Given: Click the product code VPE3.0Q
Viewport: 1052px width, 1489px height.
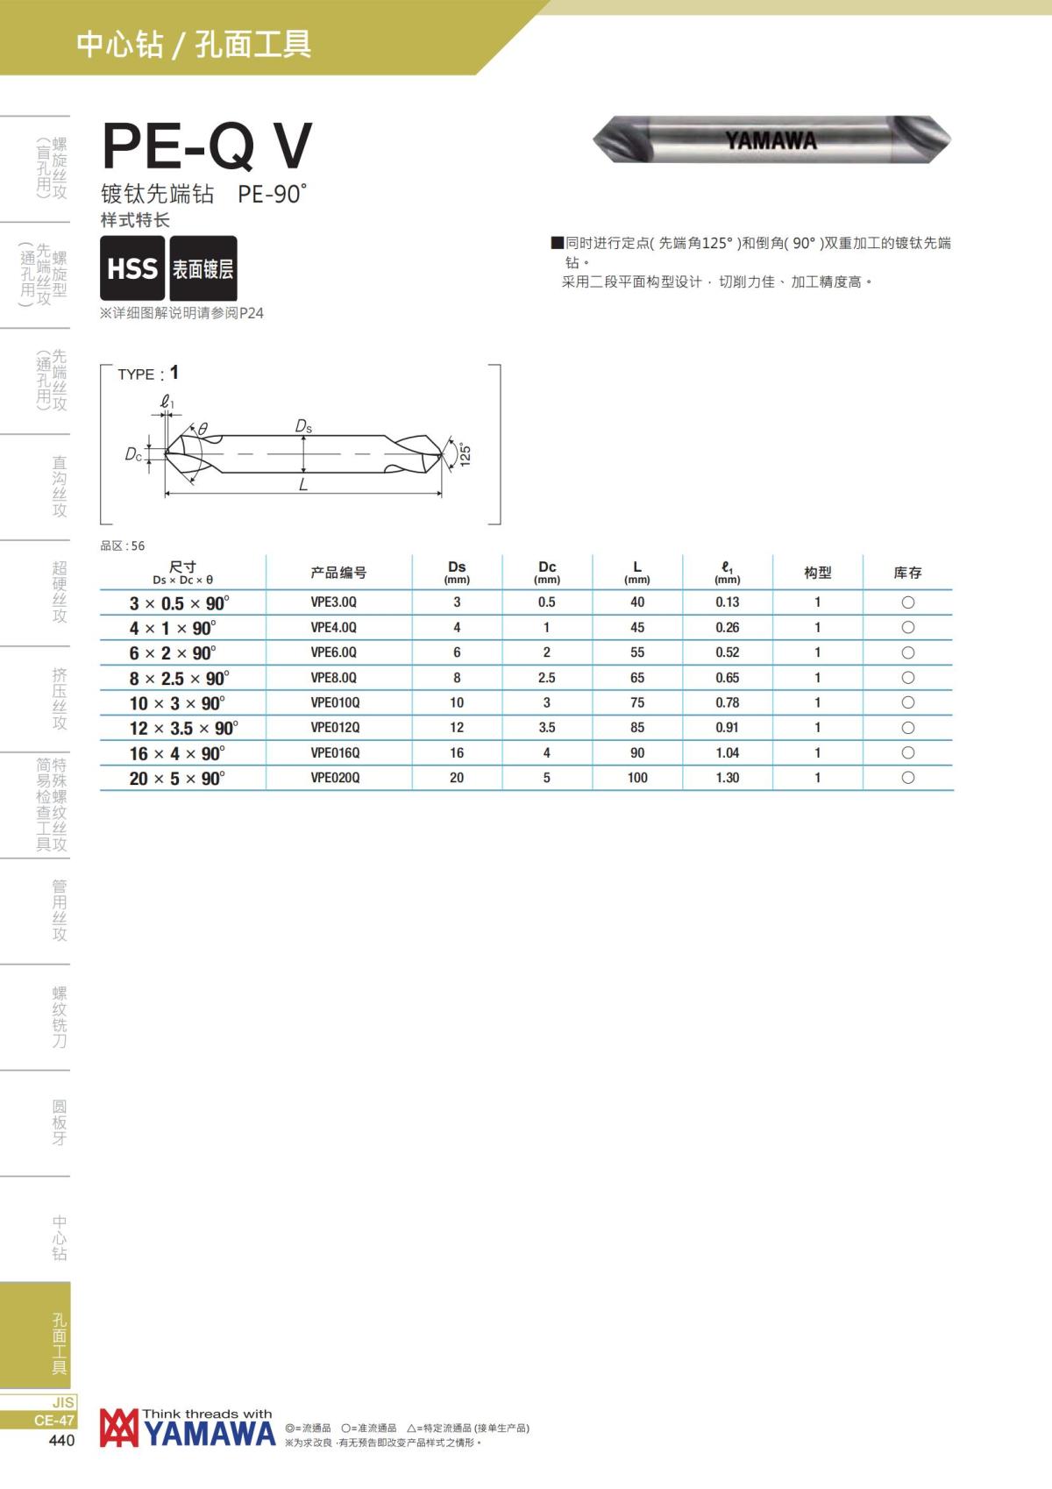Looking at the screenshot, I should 334,602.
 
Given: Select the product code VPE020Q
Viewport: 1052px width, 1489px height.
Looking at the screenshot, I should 335,778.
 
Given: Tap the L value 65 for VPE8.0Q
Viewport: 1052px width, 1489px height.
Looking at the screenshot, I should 637,678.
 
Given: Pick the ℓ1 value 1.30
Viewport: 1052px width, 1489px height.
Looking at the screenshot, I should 727,778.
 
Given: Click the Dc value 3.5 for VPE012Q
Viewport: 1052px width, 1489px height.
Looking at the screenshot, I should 547,728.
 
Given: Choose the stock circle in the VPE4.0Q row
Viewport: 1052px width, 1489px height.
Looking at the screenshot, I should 908,628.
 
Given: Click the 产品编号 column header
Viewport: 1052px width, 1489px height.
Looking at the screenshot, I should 338,573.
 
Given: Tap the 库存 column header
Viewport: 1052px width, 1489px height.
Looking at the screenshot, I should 907,573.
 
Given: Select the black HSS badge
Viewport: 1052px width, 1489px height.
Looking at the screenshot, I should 132,268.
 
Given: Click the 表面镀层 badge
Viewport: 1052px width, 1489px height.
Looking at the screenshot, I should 203,268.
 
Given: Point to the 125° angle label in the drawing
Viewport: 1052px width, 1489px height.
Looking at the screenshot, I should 466,454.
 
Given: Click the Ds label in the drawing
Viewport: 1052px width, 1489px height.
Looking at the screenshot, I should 303,426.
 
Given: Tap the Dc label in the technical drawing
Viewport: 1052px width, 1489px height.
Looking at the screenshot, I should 133,454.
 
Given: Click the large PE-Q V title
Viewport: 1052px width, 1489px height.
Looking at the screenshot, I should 207,146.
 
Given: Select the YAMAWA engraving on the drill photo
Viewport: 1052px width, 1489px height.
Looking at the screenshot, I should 771,140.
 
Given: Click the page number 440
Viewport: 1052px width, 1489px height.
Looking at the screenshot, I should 61,1441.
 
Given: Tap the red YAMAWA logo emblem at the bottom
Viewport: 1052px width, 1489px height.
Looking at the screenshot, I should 118,1428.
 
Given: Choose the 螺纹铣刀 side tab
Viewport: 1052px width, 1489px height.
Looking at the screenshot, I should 59,1017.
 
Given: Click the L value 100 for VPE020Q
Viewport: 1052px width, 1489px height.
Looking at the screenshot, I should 637,778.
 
